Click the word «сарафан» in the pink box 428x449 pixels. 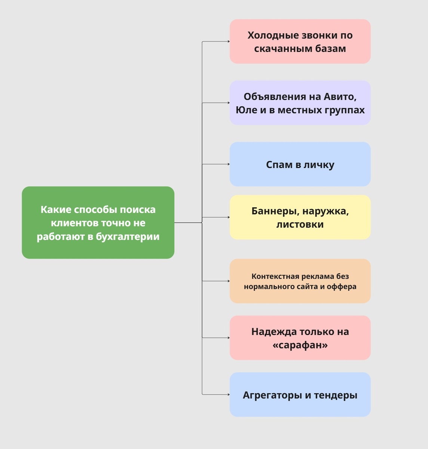[x=300, y=345]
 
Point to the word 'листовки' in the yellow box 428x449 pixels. [x=300, y=224]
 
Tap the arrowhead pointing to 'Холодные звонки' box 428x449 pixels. [x=228, y=42]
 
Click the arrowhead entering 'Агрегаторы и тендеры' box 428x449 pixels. [x=228, y=394]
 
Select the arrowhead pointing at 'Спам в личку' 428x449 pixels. [x=228, y=164]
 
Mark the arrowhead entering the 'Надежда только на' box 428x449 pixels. [x=228, y=338]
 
